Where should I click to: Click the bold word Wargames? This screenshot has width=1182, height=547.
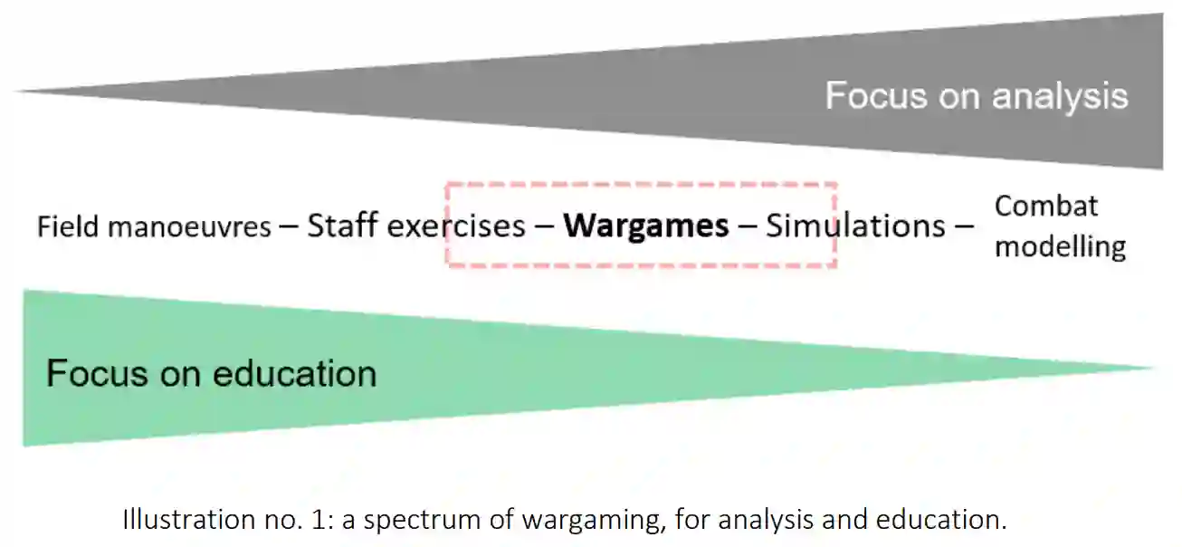tap(645, 226)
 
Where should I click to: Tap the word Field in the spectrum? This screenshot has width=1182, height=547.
tap(68, 226)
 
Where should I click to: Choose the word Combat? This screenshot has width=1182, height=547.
tap(1045, 206)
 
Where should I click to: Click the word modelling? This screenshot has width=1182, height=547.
tap(1060, 246)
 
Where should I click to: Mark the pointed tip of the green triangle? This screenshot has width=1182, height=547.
tap(1151, 368)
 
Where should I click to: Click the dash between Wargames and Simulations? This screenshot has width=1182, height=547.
tap(748, 226)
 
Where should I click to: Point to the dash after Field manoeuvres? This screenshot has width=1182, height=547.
tap(289, 226)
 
